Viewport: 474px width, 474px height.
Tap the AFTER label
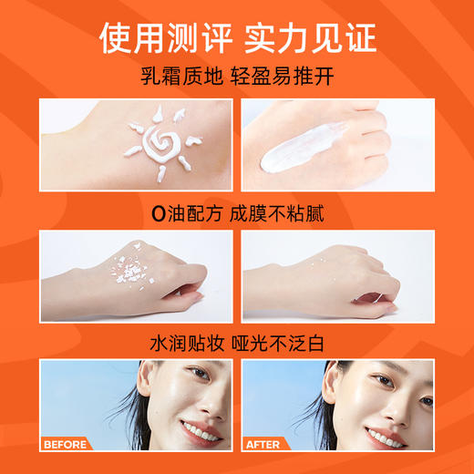264,445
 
